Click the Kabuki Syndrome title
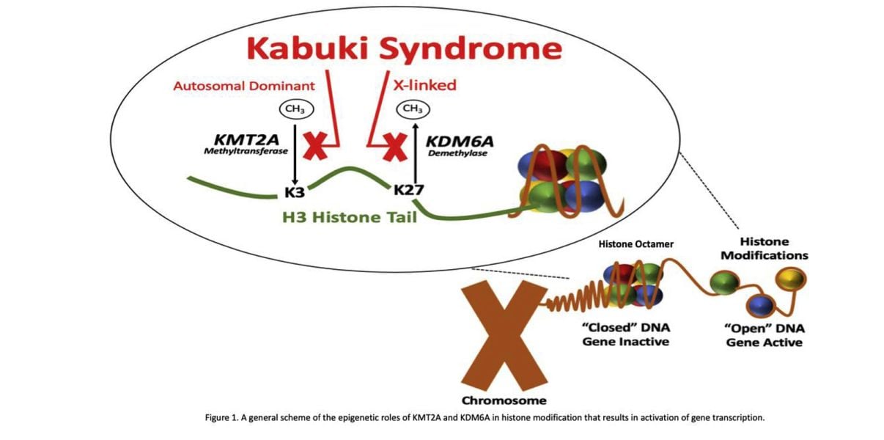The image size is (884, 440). [x=405, y=49]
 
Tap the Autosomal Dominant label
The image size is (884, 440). [x=244, y=86]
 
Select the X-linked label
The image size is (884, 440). [x=424, y=85]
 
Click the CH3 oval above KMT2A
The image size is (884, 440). [x=296, y=109]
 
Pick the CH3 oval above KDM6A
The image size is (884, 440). [x=413, y=109]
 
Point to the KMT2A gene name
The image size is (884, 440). [x=246, y=140]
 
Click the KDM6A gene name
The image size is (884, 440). [x=460, y=142]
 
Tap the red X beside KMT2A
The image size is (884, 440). [x=315, y=146]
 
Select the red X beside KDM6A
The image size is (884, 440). [x=395, y=147]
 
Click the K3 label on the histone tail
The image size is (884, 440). [x=295, y=192]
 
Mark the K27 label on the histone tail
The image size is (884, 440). [x=409, y=191]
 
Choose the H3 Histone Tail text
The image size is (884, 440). [x=350, y=218]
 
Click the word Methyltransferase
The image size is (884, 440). [x=246, y=151]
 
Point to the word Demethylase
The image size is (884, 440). [x=457, y=153]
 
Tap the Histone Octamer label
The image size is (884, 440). [x=636, y=244]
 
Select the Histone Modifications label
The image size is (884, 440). [x=765, y=249]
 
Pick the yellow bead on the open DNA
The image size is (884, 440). [x=791, y=279]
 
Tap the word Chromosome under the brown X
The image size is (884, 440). [x=504, y=401]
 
